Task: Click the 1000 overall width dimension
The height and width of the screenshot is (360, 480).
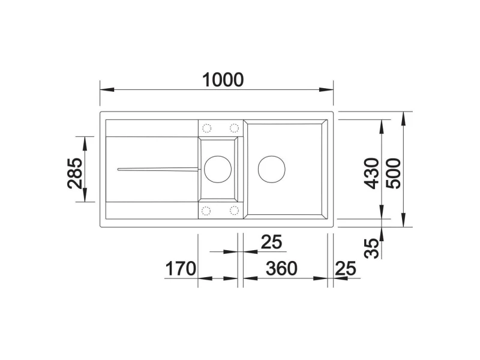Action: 223,80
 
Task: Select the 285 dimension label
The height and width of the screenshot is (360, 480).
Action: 75,173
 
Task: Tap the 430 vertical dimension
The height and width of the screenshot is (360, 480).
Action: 371,173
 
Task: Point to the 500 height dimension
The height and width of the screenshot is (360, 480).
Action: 393,173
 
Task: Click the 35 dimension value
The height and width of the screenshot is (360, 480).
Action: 371,248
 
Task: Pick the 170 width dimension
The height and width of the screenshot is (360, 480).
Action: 180,268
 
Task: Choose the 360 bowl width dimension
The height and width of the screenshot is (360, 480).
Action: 281,268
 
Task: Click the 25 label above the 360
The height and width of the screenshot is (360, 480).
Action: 271,242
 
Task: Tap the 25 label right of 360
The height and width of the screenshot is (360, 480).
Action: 346,268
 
